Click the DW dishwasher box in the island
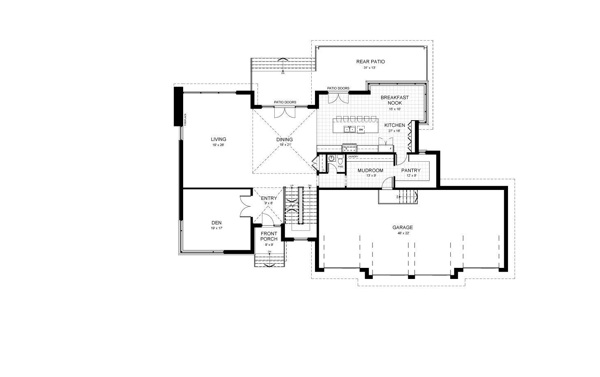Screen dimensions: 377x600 coord(361,130)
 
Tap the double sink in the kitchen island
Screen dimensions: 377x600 coord(350,130)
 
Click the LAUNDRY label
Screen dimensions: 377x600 coord(353,157)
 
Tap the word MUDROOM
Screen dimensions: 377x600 coord(370,170)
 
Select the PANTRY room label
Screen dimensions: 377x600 coord(411,170)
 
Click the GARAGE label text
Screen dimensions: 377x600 coord(402,227)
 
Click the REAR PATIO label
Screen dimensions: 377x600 coord(370,62)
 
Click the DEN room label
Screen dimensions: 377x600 coord(216,223)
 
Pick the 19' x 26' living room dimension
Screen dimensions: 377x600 coord(218,145)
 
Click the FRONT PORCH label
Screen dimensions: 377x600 coord(269,236)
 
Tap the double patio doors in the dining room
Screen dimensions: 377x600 coord(285,112)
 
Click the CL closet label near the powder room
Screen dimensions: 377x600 coord(323,169)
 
